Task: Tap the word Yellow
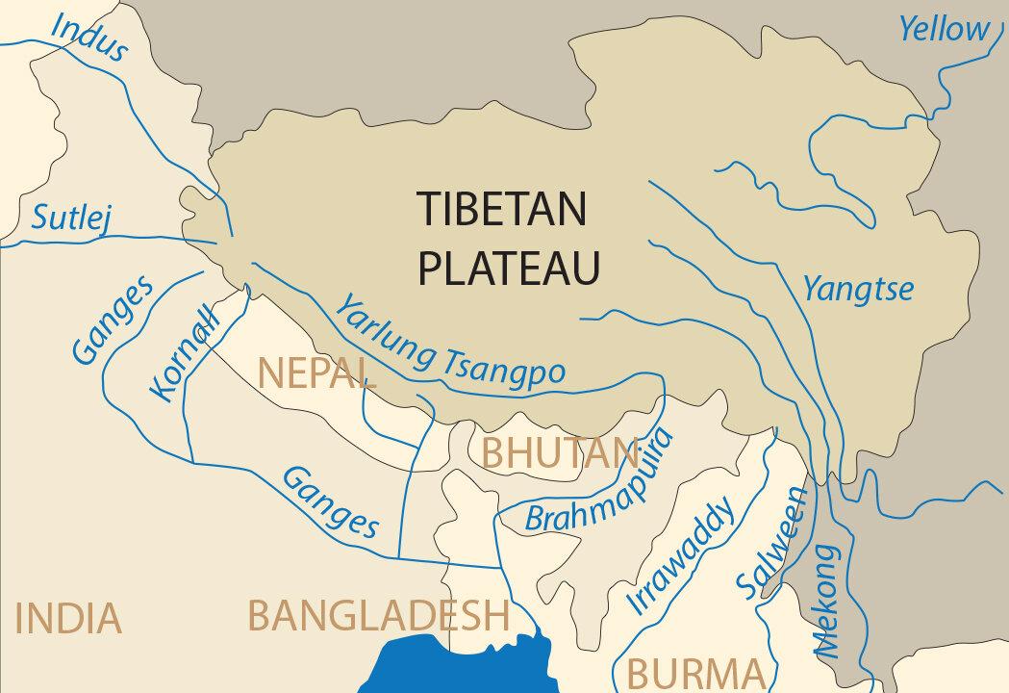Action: tap(943, 29)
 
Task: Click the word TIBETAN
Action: tap(501, 210)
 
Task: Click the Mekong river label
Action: tap(825, 602)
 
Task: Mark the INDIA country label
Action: tap(69, 618)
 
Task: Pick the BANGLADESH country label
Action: tap(378, 613)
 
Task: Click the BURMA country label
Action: tap(696, 671)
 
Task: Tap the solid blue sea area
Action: tap(452, 664)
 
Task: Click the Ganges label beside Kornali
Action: tap(114, 321)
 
